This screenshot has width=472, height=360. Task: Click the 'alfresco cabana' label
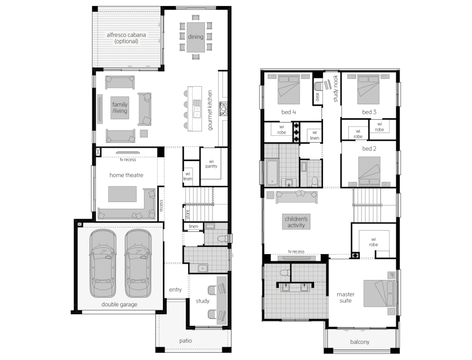pos(126,35)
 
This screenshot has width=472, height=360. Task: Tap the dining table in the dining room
pos(195,37)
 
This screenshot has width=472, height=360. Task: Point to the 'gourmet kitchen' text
pos(210,110)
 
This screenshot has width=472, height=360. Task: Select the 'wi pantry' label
pos(211,164)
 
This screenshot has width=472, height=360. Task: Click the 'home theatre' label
pos(126,175)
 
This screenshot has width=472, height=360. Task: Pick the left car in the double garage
pos(103,263)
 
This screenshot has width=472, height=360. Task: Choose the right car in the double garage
pos(138,263)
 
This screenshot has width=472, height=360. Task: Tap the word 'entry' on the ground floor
pos(175,289)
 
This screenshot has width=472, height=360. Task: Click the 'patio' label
pos(185,341)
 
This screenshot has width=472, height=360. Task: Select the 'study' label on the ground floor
pos(202,301)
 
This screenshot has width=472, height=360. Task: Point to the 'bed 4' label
pos(289,112)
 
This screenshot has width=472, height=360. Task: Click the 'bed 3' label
pos(369,112)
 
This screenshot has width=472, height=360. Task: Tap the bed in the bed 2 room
pos(369,172)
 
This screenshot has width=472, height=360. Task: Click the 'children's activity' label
pos(296,222)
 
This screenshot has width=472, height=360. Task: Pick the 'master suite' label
pos(346,298)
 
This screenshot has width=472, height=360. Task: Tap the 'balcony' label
pos(360,342)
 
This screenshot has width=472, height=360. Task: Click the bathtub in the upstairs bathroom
pos(272,172)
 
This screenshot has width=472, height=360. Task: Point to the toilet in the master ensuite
pos(285,273)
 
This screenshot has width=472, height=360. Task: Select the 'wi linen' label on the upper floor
pos(315,135)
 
